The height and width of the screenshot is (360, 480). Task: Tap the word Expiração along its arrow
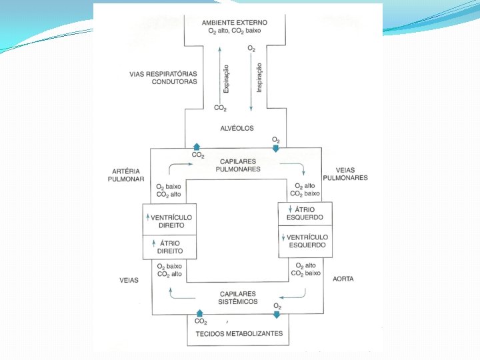[x=227, y=79]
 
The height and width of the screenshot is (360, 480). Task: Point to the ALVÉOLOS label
[x=237, y=128]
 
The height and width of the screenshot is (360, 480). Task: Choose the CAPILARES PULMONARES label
[x=238, y=165]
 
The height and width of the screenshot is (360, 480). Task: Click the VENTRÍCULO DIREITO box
[x=171, y=221]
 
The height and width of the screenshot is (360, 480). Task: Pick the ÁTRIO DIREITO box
[x=171, y=247]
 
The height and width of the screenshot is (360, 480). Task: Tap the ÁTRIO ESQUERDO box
[x=305, y=213]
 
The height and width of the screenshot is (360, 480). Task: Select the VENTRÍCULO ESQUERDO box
[x=305, y=241]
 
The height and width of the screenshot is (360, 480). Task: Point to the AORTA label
[x=343, y=278]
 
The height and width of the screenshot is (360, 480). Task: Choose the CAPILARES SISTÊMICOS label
[x=238, y=297]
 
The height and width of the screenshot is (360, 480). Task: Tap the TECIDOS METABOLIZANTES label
[x=239, y=333]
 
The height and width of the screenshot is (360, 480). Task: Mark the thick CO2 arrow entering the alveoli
[x=196, y=146]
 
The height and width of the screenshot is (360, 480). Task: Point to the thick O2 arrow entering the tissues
[x=277, y=314]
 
